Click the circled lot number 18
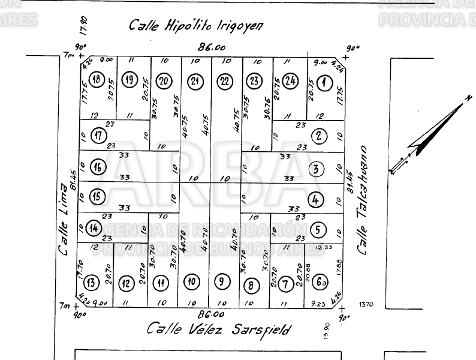tap(95, 80)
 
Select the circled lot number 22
tap(224, 81)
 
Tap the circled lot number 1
tap(324, 82)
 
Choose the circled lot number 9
tap(222, 281)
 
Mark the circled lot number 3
tap(315, 169)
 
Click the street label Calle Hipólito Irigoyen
tap(197, 26)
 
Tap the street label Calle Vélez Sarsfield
tap(219, 329)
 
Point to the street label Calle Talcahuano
tap(363, 200)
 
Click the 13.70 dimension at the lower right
tap(366, 305)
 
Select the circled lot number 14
tap(93, 228)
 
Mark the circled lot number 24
tap(290, 81)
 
